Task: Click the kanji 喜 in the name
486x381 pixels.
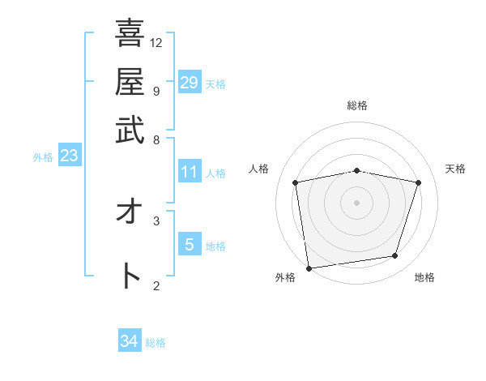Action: (x=130, y=34)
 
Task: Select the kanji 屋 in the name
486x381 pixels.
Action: (x=130, y=81)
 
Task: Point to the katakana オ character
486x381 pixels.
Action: (x=130, y=213)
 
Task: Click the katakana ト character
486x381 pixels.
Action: (x=130, y=276)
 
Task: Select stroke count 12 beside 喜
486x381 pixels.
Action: (x=156, y=42)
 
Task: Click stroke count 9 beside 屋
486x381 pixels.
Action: (x=156, y=90)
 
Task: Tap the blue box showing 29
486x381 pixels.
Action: (x=189, y=83)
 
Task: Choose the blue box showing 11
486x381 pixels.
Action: (x=189, y=172)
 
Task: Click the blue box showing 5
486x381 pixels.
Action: (x=189, y=244)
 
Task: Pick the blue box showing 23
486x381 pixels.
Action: (x=69, y=156)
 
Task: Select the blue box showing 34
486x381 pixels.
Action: (x=130, y=341)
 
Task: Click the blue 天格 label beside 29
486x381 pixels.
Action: (x=215, y=84)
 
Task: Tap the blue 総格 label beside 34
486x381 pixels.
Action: (x=156, y=343)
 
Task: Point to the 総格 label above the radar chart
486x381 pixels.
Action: (x=357, y=105)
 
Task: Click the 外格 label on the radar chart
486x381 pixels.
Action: (x=285, y=277)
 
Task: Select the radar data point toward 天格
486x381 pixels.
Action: (x=418, y=182)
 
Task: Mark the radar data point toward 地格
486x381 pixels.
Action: (x=395, y=256)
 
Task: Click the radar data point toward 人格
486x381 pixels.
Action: (x=296, y=182)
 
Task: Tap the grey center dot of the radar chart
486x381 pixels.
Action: (x=357, y=202)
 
